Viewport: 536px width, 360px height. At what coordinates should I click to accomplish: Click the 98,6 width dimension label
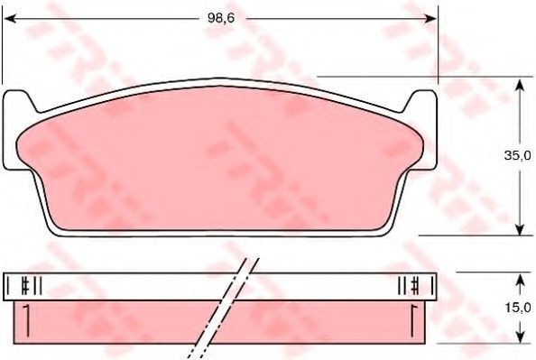click(221, 18)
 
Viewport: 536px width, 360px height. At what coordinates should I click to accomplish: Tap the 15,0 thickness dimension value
click(519, 308)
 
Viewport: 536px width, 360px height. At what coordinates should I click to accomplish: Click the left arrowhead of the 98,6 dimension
click(10, 18)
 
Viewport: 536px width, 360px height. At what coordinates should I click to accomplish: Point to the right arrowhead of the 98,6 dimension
click(430, 18)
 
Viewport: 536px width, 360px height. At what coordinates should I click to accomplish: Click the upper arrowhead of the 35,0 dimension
click(520, 85)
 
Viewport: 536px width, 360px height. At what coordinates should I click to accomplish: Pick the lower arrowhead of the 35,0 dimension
click(520, 228)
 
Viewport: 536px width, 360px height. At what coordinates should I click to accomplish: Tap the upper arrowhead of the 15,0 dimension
click(520, 280)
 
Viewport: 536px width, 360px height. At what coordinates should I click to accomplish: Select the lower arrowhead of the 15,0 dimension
click(520, 337)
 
